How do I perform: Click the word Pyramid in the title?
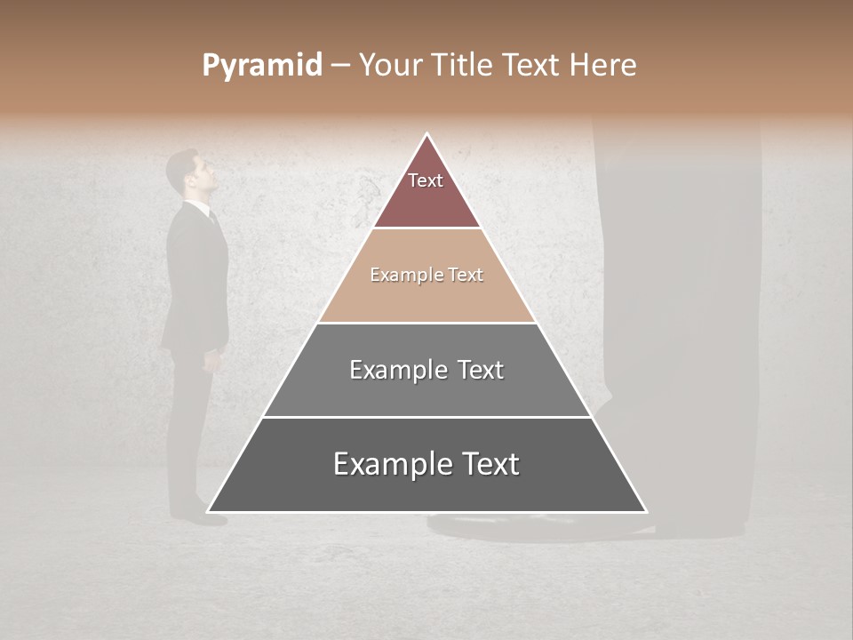tap(261, 66)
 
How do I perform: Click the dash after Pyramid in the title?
tap(340, 67)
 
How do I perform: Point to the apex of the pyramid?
tap(427, 135)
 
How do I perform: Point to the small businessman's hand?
tap(211, 360)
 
